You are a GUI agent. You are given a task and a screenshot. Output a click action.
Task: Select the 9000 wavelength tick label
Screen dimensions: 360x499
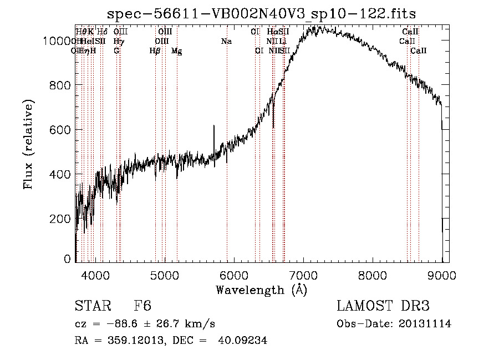click(x=441, y=274)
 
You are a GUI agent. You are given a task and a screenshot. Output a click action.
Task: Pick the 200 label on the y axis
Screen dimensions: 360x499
click(x=62, y=219)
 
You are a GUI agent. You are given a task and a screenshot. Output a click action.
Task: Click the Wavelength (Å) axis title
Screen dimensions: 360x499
click(x=261, y=290)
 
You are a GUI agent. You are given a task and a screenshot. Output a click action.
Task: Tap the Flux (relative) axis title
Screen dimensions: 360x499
click(x=28, y=144)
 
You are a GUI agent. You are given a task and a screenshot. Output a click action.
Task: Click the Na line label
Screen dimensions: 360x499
click(x=226, y=41)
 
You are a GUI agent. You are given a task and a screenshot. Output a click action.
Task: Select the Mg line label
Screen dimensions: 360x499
click(x=176, y=51)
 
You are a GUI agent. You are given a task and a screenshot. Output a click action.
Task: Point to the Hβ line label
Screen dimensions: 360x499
click(x=155, y=51)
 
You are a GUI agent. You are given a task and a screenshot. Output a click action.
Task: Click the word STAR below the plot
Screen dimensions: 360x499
click(x=92, y=307)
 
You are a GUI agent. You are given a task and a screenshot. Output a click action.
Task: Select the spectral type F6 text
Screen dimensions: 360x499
click(x=142, y=307)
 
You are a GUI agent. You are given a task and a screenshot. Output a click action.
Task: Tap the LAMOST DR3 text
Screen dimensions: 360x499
click(x=383, y=307)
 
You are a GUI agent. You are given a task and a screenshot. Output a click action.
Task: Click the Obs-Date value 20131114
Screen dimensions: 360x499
click(x=427, y=324)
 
